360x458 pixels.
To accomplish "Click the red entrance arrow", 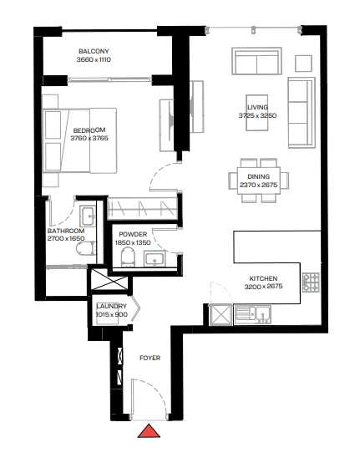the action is point(149,431).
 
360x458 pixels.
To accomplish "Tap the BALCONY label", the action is point(94,51).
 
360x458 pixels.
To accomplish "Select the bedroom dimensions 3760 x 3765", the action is point(89,138).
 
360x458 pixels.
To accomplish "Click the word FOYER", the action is point(150,358).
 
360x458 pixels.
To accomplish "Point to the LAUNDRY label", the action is point(112,306).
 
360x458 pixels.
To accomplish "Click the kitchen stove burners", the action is point(311,282).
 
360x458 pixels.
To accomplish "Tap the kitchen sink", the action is point(253,314).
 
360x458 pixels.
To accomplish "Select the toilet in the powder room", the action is point(128,257).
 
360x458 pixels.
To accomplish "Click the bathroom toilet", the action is point(86,248).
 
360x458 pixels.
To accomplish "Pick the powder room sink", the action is point(155,259).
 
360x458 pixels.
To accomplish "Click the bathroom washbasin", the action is point(88,216).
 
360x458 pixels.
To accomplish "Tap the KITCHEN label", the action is point(263,278).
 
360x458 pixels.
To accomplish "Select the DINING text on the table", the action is point(259,176).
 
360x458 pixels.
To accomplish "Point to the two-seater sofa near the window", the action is point(257,61).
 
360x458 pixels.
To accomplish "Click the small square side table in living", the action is point(303,63).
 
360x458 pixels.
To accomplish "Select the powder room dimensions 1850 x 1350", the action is point(133,242).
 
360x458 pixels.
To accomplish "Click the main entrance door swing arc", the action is point(158,389).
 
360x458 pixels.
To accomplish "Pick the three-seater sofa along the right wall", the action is point(302,113).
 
